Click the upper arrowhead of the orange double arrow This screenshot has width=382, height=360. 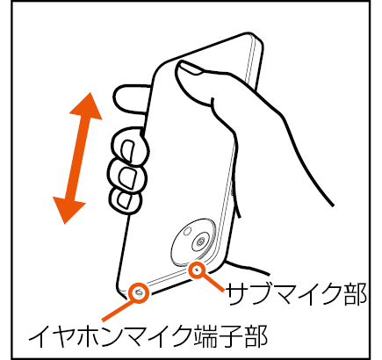click(x=87, y=107)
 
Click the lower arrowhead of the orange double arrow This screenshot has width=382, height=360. click(x=68, y=209)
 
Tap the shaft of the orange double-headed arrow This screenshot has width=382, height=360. click(x=78, y=158)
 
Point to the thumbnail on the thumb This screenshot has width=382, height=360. click(x=191, y=68)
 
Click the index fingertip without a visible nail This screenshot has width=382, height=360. click(x=130, y=99)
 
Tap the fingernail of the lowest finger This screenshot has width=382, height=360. click(x=124, y=199)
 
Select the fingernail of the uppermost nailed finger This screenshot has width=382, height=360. click(x=128, y=151)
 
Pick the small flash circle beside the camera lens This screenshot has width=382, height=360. click(x=187, y=231)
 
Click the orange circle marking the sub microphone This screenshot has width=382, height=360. click(x=197, y=270)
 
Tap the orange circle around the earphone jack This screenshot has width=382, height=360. click(x=139, y=292)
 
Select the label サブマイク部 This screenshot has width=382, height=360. click(x=296, y=294)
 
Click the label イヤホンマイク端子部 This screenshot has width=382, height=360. click(x=148, y=335)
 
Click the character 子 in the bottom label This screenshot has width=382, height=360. click(x=232, y=335)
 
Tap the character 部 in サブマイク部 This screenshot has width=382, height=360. click(x=355, y=294)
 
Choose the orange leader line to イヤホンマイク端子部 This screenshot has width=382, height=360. click(x=118, y=310)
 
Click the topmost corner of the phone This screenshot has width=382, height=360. click(x=251, y=32)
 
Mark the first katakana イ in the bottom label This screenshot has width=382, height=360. click(x=40, y=335)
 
